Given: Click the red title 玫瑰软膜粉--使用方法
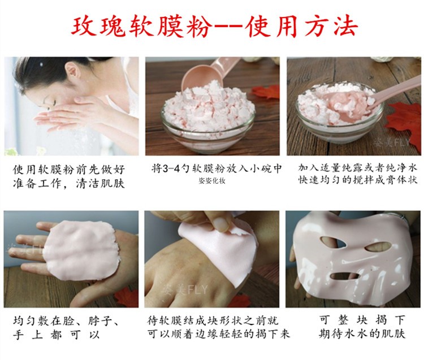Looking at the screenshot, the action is tap(215, 27).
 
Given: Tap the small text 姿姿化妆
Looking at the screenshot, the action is tap(212, 181).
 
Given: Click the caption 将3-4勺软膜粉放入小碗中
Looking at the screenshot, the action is tap(217, 168).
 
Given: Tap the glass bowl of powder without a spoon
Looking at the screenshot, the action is tap(208, 119).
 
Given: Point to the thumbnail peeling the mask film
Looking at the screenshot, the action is tap(221, 223).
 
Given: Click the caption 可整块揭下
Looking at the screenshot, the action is tap(362, 320).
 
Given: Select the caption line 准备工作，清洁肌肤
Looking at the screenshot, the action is tap(68, 184).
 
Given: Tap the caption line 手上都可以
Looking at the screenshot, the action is tap(56, 335).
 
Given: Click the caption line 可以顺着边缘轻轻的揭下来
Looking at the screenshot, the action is tap(218, 334).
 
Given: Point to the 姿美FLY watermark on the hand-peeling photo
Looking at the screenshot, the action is tap(185, 290).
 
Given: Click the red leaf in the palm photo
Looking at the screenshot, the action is tap(125, 297).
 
